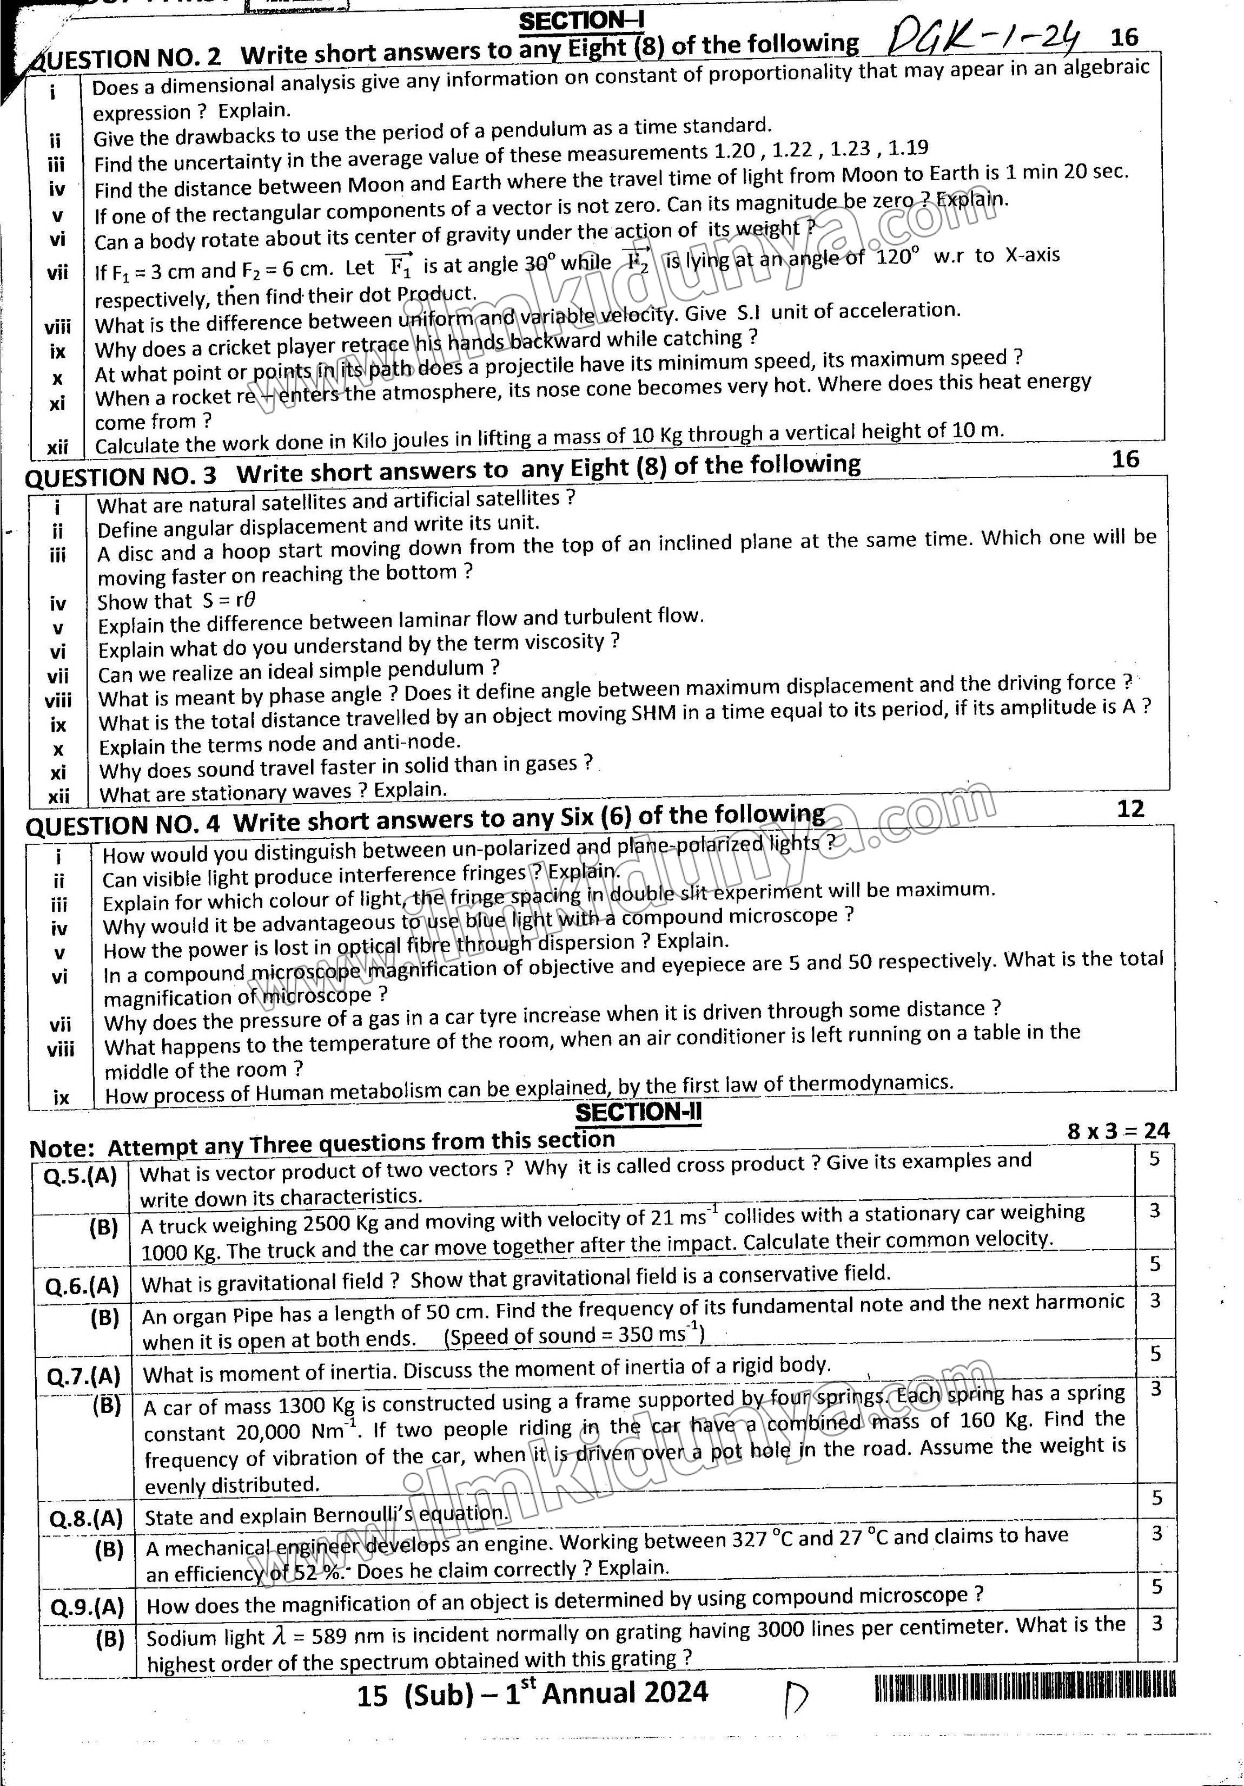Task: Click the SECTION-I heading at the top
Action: click(x=581, y=21)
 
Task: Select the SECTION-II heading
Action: click(x=638, y=1112)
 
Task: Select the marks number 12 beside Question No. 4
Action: click(x=1130, y=809)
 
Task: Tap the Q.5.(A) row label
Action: click(x=80, y=1176)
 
